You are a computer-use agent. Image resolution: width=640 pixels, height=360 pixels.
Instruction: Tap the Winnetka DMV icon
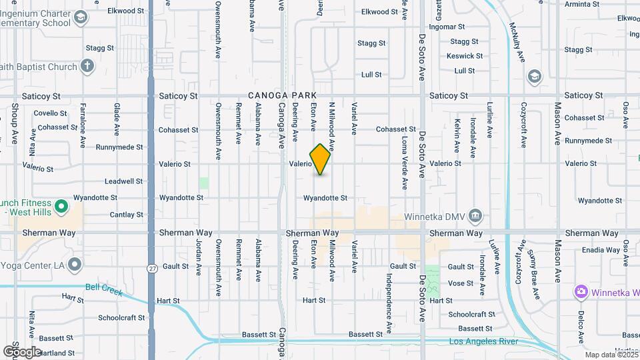pos(475,215)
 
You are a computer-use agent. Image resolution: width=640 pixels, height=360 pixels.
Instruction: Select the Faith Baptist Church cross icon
pos(87,65)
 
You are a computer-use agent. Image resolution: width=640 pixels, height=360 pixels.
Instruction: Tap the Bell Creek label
pos(101,287)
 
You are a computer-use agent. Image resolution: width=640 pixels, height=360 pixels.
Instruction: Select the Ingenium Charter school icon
pos(81,17)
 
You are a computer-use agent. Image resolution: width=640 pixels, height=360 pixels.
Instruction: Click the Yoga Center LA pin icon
pos(74,265)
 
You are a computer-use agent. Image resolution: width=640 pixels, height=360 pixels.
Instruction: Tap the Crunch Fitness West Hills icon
pos(61,206)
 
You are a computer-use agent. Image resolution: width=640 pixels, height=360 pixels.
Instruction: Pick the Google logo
pos(22,351)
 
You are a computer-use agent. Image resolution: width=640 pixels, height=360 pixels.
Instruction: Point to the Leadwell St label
pos(123,181)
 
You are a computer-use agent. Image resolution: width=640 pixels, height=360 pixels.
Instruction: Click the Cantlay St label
pos(126,215)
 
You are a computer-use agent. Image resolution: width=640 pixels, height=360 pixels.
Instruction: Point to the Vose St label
pos(461,283)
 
